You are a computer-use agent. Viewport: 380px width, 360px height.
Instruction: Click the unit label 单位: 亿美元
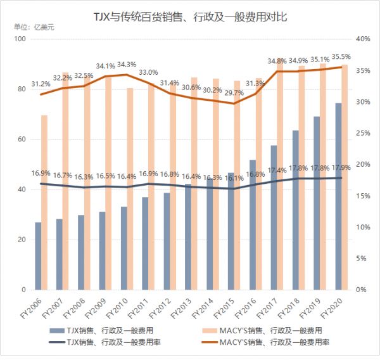point(34,29)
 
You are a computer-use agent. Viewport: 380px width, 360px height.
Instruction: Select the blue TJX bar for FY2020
point(339,196)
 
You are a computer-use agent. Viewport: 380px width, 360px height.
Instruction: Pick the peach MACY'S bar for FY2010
point(130,189)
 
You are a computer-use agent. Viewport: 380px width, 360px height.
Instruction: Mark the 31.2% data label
point(41,84)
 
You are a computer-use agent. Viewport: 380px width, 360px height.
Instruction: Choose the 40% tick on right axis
point(362,39)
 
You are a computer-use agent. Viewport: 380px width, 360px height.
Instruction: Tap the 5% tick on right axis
point(360,259)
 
